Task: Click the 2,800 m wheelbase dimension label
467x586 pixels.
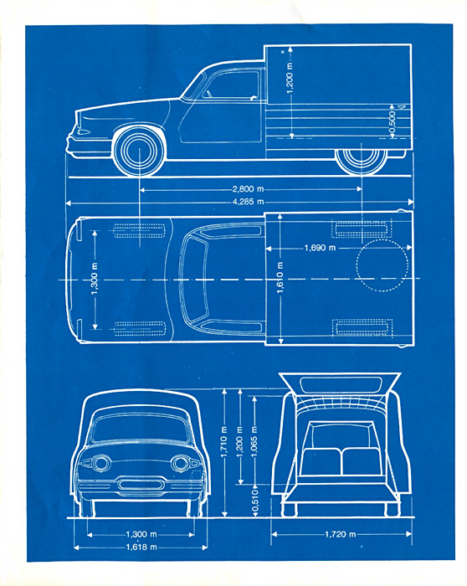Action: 248,189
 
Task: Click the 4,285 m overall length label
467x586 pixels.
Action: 248,202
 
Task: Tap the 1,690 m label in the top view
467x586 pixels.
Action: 320,248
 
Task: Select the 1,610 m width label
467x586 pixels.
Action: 280,277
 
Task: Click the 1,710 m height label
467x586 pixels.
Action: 224,442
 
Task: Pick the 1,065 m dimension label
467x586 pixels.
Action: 254,441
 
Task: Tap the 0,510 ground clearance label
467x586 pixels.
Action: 255,501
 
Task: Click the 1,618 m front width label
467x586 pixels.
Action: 141,547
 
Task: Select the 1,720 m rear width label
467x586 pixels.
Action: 340,534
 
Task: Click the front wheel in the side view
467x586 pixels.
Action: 139,151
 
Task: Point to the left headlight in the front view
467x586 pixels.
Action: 100,464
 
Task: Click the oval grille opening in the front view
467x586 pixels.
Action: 141,485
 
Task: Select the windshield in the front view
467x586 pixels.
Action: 140,429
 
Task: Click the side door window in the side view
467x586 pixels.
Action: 231,85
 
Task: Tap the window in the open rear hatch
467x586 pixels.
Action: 341,385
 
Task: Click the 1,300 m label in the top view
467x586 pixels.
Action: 95,279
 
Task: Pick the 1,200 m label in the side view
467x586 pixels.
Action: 290,79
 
